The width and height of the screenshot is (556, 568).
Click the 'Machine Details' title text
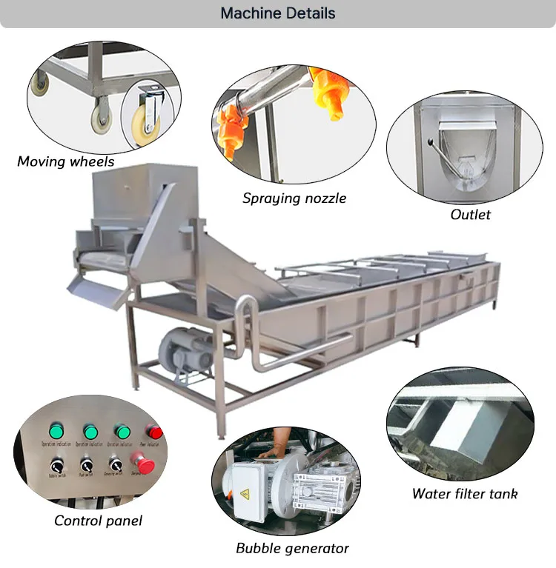(x=278, y=13)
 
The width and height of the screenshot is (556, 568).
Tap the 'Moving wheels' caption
(x=65, y=161)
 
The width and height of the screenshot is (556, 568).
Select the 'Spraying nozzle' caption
(x=294, y=198)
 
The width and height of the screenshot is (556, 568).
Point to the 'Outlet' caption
(x=471, y=214)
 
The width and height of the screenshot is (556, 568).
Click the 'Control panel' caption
(x=98, y=521)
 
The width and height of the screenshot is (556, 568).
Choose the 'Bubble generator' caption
(x=292, y=548)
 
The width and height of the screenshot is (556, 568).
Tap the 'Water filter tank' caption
(x=465, y=494)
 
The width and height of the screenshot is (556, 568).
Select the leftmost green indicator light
(x=56, y=430)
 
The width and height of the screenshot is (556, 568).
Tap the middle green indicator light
(x=90, y=430)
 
